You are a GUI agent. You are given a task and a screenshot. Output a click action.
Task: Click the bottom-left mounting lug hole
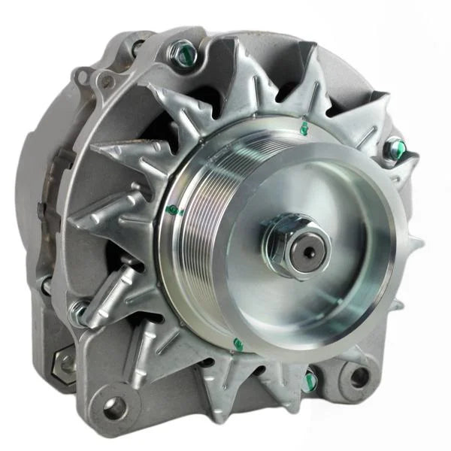pyautogui.click(x=114, y=408)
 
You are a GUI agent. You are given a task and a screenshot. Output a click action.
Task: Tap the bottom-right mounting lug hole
pyautogui.click(x=359, y=377)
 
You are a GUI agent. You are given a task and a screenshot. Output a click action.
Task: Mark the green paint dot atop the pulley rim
pyautogui.click(x=304, y=129)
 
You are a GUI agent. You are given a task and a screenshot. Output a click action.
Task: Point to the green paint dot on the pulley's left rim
pyautogui.click(x=173, y=210)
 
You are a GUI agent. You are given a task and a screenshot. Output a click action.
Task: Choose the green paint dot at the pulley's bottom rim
pyautogui.click(x=238, y=344)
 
